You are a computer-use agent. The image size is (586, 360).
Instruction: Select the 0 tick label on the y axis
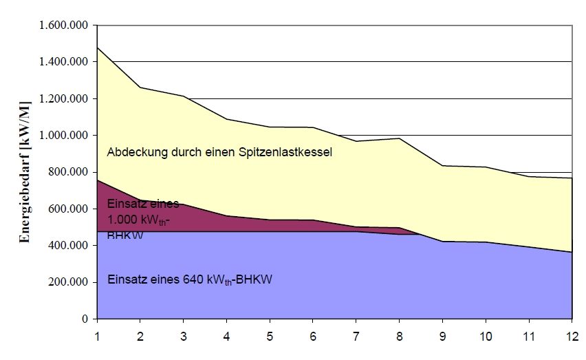point(86,319)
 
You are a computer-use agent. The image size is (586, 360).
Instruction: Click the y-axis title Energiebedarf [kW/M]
point(25,172)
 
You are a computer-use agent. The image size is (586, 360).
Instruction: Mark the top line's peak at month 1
point(97,47)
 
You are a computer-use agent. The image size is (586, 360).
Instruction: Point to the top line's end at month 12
point(572,178)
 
